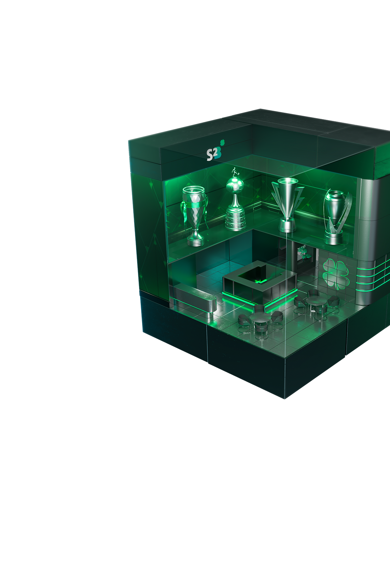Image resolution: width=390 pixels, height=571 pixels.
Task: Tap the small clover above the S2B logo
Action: tap(222, 142)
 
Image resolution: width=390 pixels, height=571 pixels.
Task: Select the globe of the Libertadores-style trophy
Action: tap(235, 185)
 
